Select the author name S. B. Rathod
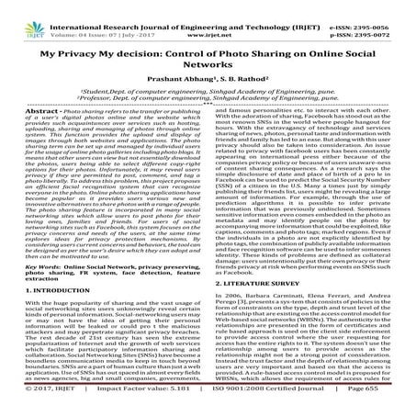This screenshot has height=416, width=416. point(242,90)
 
